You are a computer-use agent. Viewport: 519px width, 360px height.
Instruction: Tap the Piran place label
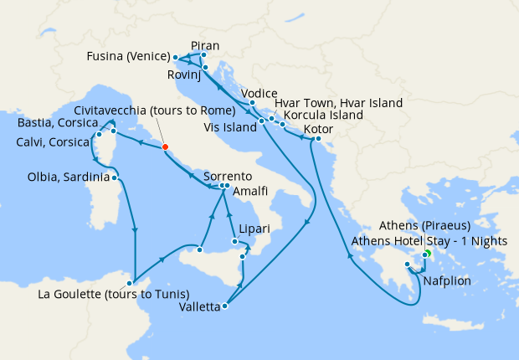tap(205, 44)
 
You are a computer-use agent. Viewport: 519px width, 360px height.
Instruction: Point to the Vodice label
tap(258, 93)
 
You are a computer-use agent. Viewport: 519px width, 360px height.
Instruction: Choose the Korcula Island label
tap(323, 115)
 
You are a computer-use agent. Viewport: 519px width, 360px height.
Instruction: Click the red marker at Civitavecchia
tap(165, 147)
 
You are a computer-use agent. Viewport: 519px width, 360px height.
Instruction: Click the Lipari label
tap(252, 229)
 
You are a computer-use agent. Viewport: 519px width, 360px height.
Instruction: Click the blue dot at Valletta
tap(225, 306)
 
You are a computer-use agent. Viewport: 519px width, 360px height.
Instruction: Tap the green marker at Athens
tap(426, 254)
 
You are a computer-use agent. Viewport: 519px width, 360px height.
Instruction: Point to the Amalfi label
tap(250, 192)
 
